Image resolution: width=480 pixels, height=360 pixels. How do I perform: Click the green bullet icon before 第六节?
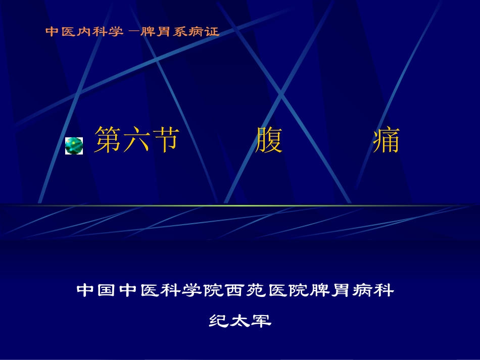pos(74,145)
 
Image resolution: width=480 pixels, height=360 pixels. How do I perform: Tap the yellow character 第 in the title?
pos(108,139)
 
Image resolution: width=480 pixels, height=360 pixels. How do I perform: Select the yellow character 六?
pos(137,139)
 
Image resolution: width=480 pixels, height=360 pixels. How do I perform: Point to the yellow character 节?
pos(165,139)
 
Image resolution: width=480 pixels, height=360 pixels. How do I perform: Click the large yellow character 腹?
pos(269,139)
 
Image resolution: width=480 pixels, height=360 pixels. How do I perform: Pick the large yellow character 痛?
pos(386,139)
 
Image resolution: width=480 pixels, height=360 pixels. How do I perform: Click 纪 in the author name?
pos(218,321)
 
